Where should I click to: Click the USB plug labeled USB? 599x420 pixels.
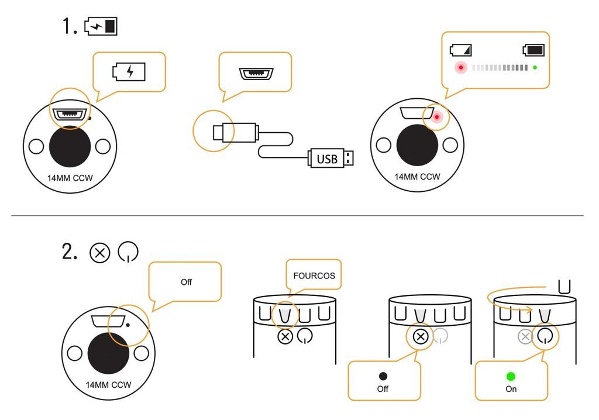tap(331, 158)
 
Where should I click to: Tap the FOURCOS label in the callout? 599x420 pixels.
tap(314, 276)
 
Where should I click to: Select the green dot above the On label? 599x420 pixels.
tap(511, 377)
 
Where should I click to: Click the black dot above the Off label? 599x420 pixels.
tap(383, 377)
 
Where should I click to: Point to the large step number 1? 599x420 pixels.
tap(70, 26)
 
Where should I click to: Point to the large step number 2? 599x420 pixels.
tap(70, 252)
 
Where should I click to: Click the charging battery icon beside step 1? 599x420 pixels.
tap(101, 26)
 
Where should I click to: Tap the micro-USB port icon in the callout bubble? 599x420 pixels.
tap(256, 73)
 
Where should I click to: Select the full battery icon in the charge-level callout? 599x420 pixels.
tap(533, 50)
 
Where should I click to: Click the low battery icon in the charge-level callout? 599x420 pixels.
tap(461, 50)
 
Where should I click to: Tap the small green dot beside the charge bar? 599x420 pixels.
tap(535, 68)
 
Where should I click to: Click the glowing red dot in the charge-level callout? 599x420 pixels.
tap(461, 68)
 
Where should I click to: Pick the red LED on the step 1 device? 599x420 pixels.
tap(436, 117)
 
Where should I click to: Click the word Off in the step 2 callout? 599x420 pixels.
tap(186, 282)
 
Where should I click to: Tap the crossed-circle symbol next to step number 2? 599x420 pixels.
tap(99, 253)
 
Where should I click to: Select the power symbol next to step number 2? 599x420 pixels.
tap(128, 252)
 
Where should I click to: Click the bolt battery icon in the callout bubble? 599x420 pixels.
tap(129, 71)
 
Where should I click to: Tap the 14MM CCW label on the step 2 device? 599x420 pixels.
tap(108, 385)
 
